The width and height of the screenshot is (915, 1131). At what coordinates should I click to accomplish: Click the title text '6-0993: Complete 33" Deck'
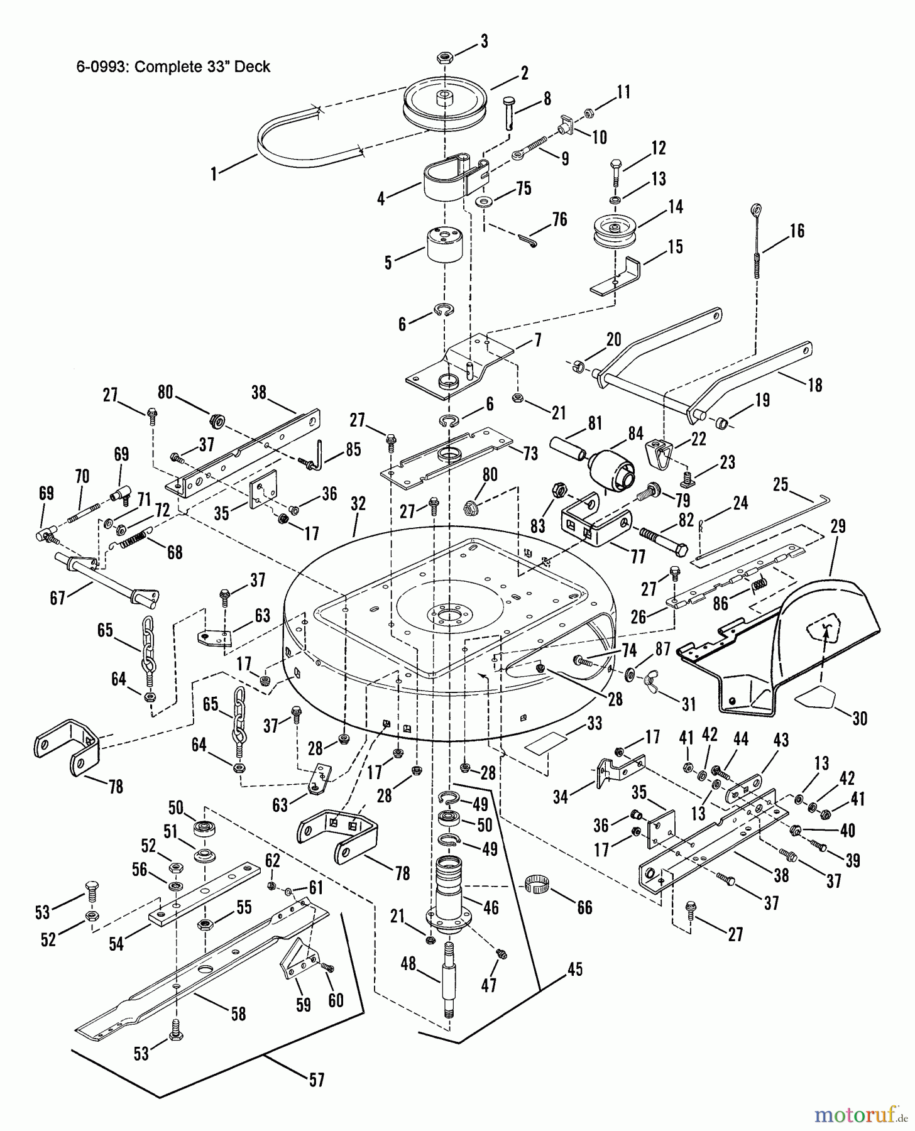pyautogui.click(x=173, y=67)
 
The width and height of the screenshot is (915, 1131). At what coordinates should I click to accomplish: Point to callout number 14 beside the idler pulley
pyautogui.click(x=676, y=206)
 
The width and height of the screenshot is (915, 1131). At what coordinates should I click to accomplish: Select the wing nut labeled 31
pyautogui.click(x=651, y=684)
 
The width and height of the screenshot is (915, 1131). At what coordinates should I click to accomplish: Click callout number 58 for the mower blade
pyautogui.click(x=238, y=1014)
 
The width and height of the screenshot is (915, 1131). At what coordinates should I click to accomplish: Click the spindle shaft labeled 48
pyautogui.click(x=450, y=980)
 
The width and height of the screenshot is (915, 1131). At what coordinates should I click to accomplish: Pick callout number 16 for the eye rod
pyautogui.click(x=796, y=231)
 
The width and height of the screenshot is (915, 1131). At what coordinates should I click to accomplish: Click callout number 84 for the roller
pyautogui.click(x=635, y=434)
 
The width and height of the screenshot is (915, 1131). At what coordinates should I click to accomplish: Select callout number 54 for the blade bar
pyautogui.click(x=116, y=943)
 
